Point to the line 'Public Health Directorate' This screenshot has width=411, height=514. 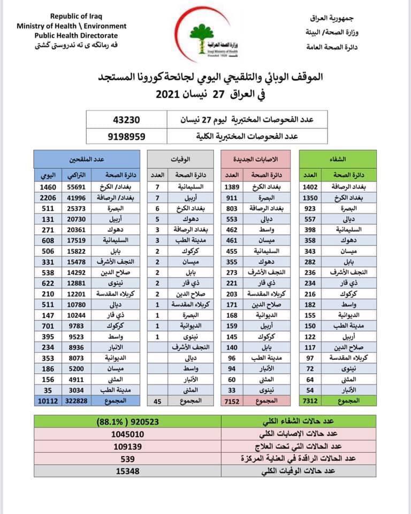pos(72,35)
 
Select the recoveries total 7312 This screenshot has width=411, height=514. pos(313,402)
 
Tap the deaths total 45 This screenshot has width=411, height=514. pos(157,402)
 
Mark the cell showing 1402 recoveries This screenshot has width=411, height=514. pos(313,187)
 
